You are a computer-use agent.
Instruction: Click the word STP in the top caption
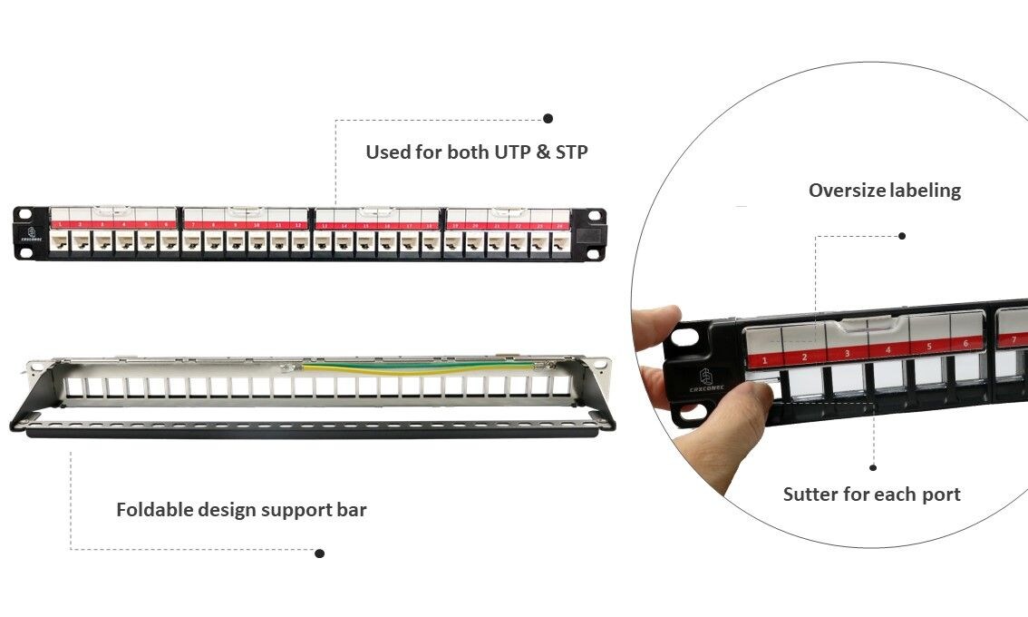point(570,152)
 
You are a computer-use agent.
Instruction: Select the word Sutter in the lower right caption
point(809,495)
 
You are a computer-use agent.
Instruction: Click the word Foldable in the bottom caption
point(155,510)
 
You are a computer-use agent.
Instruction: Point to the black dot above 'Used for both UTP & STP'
point(548,118)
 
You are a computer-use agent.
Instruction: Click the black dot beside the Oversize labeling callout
point(902,236)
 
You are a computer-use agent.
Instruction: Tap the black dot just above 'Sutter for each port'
point(873,468)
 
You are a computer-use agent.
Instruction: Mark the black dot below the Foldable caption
point(319,553)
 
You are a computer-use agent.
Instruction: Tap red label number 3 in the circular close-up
point(847,353)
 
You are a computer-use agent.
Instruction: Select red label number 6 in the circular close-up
point(966,344)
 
